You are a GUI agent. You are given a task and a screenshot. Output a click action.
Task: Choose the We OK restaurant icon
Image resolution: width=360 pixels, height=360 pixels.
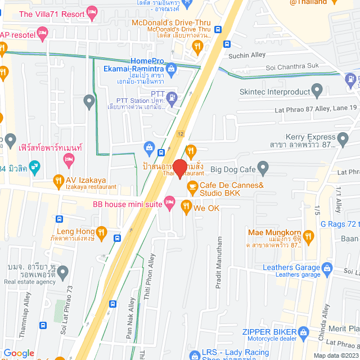tap(186, 208)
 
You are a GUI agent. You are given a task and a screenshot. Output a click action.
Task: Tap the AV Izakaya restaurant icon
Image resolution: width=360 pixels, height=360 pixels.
tap(57, 181)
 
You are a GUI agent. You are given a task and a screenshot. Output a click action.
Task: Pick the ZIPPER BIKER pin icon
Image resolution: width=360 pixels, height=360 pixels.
tap(303, 332)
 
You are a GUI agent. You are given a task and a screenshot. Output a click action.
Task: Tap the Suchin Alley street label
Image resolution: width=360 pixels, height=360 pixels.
tap(246, 56)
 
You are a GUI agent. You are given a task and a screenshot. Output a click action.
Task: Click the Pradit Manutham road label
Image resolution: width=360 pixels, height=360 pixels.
tap(219, 263)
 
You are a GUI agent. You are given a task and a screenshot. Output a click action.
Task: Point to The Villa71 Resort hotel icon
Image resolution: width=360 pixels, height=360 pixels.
tap(93, 13)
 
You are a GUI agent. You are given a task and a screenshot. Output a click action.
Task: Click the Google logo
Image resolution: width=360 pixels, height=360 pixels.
tap(19, 353)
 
